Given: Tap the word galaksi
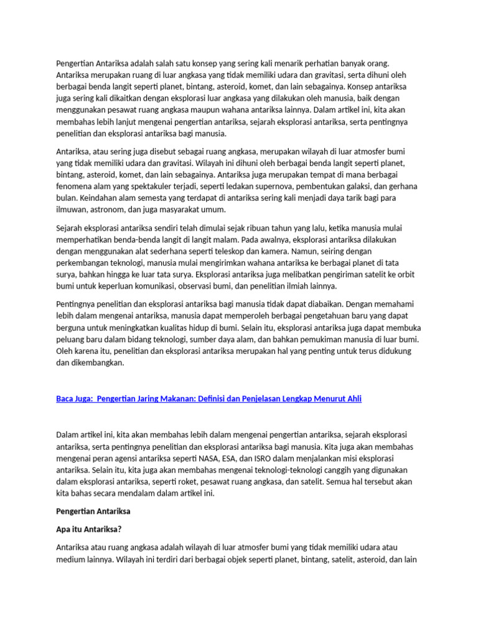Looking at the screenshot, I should click(x=370, y=186).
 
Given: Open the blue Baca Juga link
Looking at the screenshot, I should click(x=209, y=398).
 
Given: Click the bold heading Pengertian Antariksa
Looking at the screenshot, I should click(x=94, y=511).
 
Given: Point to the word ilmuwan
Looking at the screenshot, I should click(x=72, y=209).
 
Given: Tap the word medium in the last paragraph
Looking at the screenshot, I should click(x=73, y=559).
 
